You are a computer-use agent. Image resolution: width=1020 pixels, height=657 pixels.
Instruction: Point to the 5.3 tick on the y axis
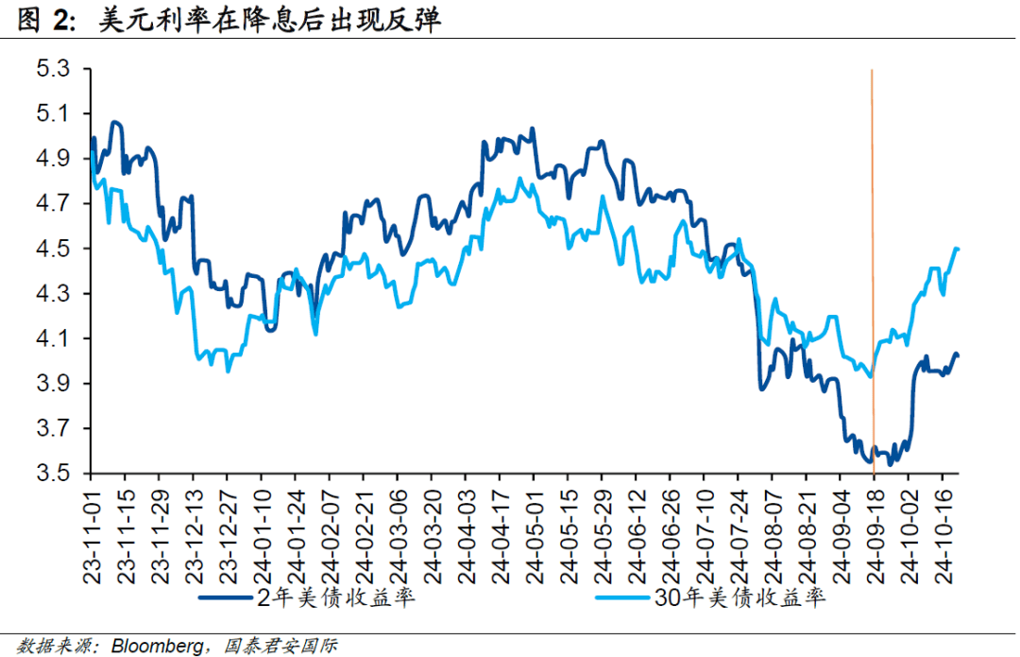(x=52, y=69)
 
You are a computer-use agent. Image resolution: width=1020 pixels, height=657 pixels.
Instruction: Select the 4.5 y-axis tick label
(x=52, y=249)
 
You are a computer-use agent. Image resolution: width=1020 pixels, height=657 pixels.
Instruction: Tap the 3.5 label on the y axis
(x=52, y=473)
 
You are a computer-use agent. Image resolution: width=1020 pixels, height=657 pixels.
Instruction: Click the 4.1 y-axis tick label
(x=52, y=338)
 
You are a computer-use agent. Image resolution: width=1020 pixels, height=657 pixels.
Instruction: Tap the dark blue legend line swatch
(x=227, y=598)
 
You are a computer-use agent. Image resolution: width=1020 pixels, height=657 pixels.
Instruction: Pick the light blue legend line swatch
(x=623, y=598)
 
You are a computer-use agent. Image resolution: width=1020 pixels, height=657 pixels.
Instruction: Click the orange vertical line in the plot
(x=872, y=236)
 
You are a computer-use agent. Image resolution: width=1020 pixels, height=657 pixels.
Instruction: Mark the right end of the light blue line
(x=958, y=249)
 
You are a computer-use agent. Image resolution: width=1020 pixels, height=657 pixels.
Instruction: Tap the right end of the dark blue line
(x=958, y=354)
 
